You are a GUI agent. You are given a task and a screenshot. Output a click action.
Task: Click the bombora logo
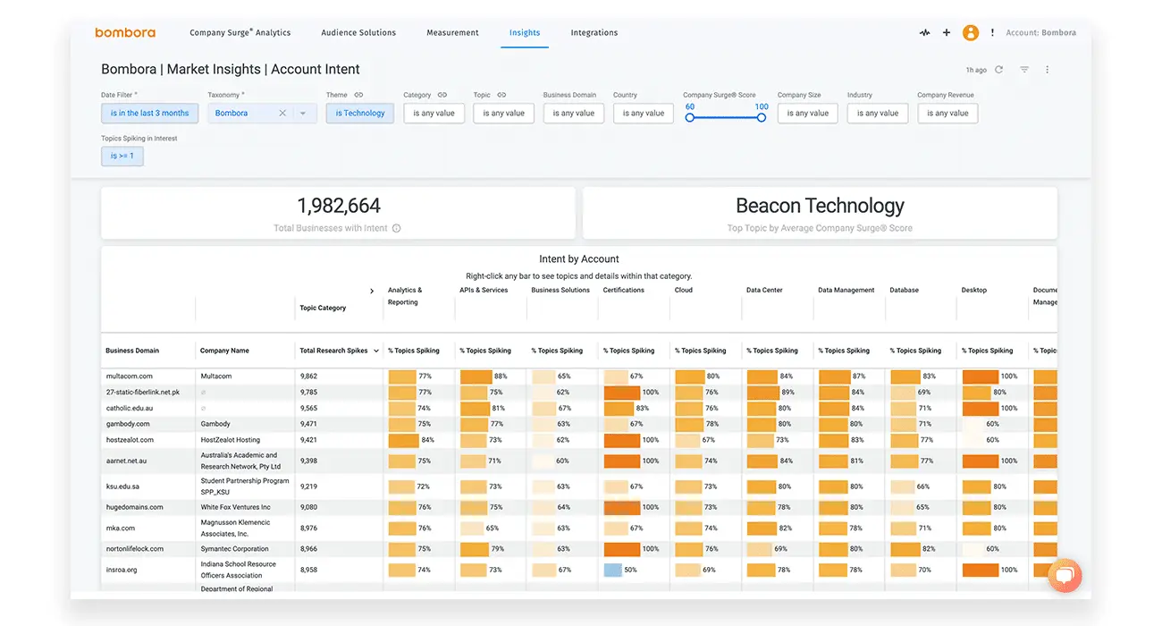(x=125, y=32)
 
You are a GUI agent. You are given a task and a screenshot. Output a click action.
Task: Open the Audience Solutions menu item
(x=358, y=32)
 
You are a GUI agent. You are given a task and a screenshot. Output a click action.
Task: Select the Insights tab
(x=525, y=32)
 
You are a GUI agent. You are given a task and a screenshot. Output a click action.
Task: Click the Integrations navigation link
(x=594, y=32)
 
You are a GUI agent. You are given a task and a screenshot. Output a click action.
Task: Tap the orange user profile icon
(x=970, y=32)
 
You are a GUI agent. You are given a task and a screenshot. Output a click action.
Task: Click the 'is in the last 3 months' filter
(x=149, y=114)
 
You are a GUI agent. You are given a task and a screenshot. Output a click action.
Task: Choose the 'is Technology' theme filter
(x=360, y=114)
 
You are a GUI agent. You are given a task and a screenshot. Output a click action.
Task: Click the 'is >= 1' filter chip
(x=122, y=156)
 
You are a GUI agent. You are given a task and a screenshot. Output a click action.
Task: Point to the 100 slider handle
(x=762, y=117)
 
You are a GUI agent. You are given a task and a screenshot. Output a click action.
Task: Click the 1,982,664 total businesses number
(x=339, y=206)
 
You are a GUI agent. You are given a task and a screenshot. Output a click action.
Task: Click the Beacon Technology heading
(x=820, y=206)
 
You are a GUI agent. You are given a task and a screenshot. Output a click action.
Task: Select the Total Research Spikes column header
(x=334, y=351)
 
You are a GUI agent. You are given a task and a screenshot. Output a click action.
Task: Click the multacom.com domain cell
(x=129, y=376)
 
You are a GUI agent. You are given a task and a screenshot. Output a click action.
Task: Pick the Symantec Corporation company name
(x=234, y=549)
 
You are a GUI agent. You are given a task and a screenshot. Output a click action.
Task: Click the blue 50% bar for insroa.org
(x=612, y=570)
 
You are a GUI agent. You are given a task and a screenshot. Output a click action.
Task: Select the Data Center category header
(x=764, y=291)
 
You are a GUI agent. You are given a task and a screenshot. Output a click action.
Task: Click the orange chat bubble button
(x=1064, y=576)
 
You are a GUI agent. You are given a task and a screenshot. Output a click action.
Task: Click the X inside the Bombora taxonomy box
(x=282, y=114)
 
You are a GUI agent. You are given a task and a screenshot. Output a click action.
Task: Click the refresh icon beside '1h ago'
(x=998, y=70)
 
